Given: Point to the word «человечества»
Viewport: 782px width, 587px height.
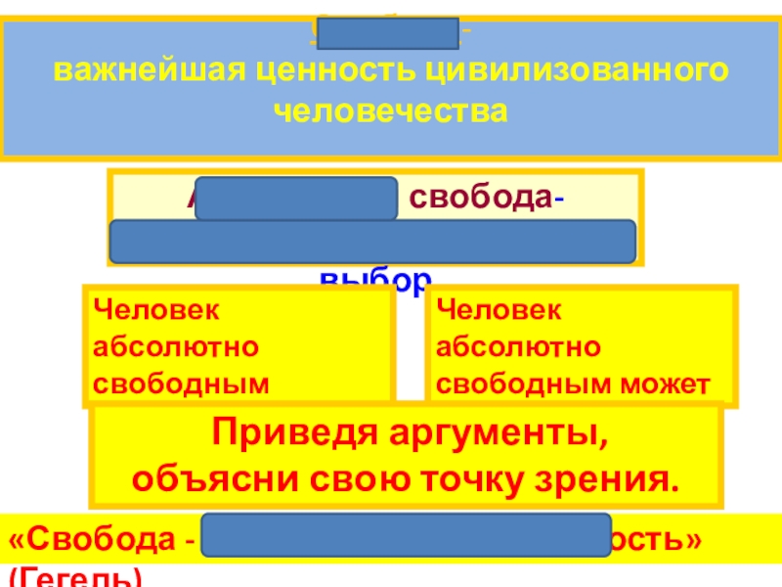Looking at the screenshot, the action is tap(391, 111).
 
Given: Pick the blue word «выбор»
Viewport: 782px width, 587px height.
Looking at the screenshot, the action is tap(374, 283).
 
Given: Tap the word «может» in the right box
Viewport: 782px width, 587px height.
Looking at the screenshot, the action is tap(674, 384).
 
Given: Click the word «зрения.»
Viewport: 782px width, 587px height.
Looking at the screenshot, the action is tap(615, 481).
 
